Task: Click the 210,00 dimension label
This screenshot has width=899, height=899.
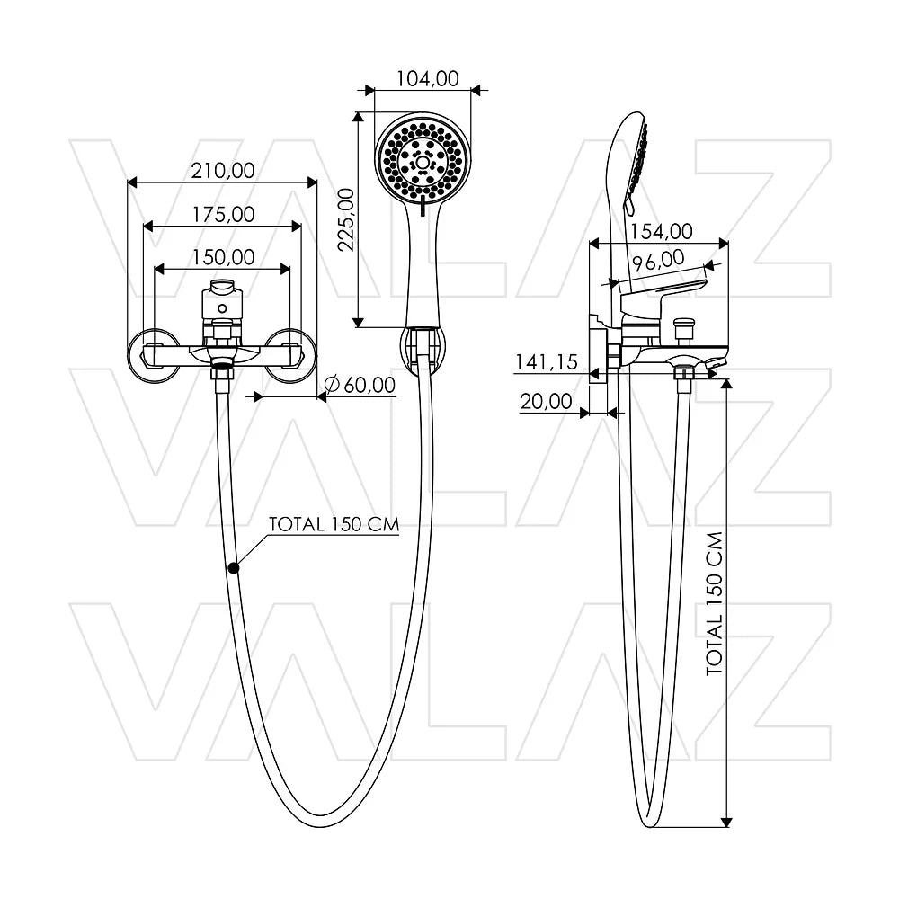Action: [223, 171]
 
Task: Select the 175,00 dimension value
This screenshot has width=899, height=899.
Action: [223, 215]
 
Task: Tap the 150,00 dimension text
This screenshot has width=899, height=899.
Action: [223, 257]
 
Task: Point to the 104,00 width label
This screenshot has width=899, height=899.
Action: [428, 78]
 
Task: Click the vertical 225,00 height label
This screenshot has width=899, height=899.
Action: [346, 219]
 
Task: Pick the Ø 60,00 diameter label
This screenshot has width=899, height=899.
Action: [360, 385]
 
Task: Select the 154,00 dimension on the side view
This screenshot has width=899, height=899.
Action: [662, 231]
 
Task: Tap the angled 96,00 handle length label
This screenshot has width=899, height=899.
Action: [658, 261]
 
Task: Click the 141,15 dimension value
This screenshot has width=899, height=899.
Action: [547, 362]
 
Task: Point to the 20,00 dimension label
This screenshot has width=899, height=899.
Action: [546, 401]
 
